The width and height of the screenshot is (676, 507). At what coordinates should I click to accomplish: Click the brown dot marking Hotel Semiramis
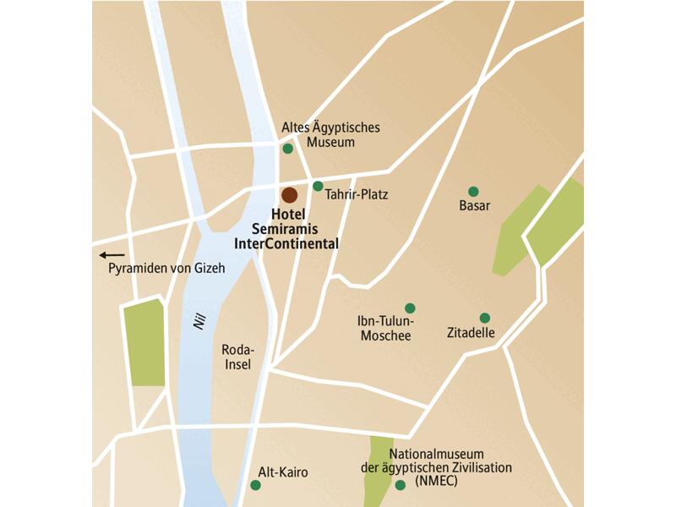click(x=290, y=195)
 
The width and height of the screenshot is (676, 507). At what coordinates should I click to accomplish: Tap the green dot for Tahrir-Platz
click(x=318, y=186)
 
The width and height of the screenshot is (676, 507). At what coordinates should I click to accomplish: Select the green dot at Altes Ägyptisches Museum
click(x=288, y=149)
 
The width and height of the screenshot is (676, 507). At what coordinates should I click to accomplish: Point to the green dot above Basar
click(x=473, y=191)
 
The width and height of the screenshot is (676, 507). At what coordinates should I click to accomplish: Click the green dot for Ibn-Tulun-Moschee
click(x=410, y=308)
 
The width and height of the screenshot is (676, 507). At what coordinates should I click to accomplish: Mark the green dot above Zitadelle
click(x=485, y=319)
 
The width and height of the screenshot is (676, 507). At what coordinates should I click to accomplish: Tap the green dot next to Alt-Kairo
click(x=255, y=485)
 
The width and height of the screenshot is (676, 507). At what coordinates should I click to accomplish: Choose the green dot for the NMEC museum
click(x=400, y=485)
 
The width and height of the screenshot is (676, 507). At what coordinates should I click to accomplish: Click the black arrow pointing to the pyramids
click(x=112, y=254)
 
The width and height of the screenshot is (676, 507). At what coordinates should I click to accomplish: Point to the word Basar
click(x=474, y=205)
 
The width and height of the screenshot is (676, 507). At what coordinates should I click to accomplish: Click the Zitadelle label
click(x=471, y=333)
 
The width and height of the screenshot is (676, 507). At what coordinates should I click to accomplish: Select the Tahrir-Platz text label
click(x=356, y=194)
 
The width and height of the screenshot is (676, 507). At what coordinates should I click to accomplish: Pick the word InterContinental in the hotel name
click(x=286, y=243)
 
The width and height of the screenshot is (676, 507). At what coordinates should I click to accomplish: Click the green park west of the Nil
click(x=144, y=342)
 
